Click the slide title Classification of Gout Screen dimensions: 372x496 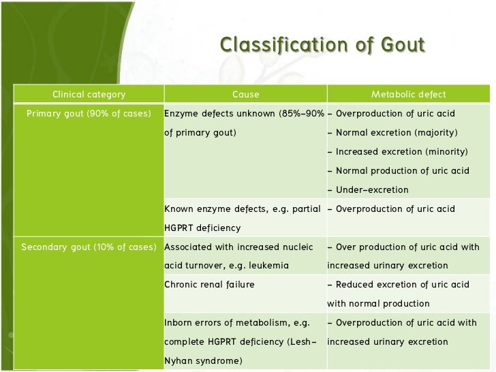coord(322,45)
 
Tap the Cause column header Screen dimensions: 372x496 coord(245,95)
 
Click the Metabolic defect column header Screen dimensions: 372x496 coord(408,95)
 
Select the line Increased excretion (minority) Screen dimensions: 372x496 coord(397,151)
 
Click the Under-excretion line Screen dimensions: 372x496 coord(372,189)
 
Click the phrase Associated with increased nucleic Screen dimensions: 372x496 coord(238,247)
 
